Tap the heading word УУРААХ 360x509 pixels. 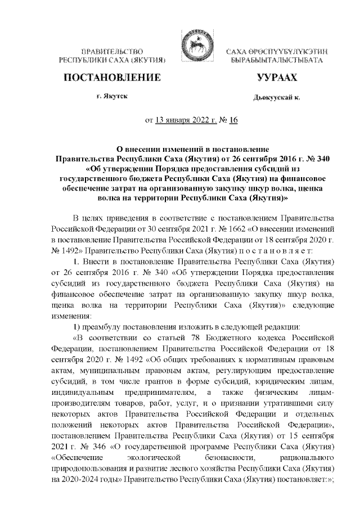point(276,76)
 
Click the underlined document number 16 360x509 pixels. point(234,120)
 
